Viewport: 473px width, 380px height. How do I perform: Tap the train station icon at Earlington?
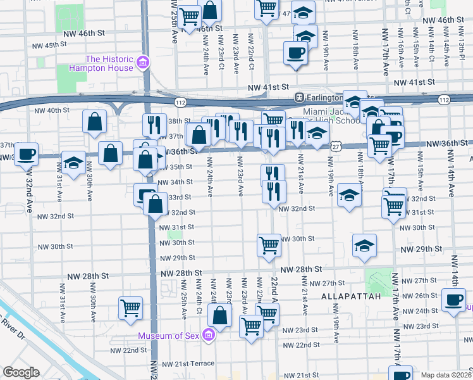pos(300,98)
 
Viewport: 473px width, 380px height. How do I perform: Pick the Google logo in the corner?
pos(21,372)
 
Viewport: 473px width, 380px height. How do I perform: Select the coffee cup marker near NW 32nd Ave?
pos(26,154)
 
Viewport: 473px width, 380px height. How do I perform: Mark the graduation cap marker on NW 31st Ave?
pos(74,162)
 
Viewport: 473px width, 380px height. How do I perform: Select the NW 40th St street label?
pos(51,110)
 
